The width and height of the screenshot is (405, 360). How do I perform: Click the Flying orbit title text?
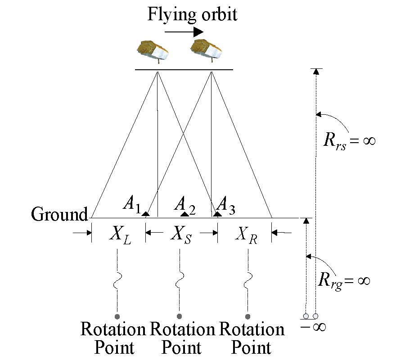(192, 14)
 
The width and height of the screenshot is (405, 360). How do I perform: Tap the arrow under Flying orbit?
(184, 32)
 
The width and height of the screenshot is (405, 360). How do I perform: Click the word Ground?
(59, 215)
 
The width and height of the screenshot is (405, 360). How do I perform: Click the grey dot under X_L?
(117, 316)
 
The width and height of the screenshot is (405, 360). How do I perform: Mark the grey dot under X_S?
(180, 316)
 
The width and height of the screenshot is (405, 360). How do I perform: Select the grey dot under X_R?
(247, 316)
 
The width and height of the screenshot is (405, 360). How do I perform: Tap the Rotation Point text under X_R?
(252, 338)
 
